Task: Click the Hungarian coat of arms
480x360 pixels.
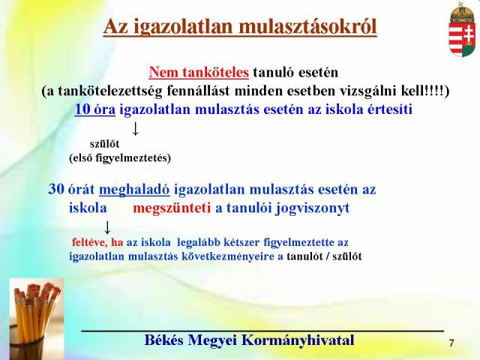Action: click(462, 30)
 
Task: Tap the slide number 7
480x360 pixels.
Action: click(451, 343)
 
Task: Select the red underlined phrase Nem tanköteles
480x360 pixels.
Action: click(199, 73)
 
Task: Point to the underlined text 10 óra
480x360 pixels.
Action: click(95, 109)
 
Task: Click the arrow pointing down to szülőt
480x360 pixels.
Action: click(135, 128)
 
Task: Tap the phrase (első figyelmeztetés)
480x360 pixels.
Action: click(120, 158)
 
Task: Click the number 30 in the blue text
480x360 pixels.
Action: click(56, 189)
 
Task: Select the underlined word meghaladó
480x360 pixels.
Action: click(134, 190)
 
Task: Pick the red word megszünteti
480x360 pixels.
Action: click(172, 208)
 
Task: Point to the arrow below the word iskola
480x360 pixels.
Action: click(107, 227)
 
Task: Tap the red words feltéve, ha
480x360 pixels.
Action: click(97, 242)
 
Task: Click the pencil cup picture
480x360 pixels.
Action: click(37, 319)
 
